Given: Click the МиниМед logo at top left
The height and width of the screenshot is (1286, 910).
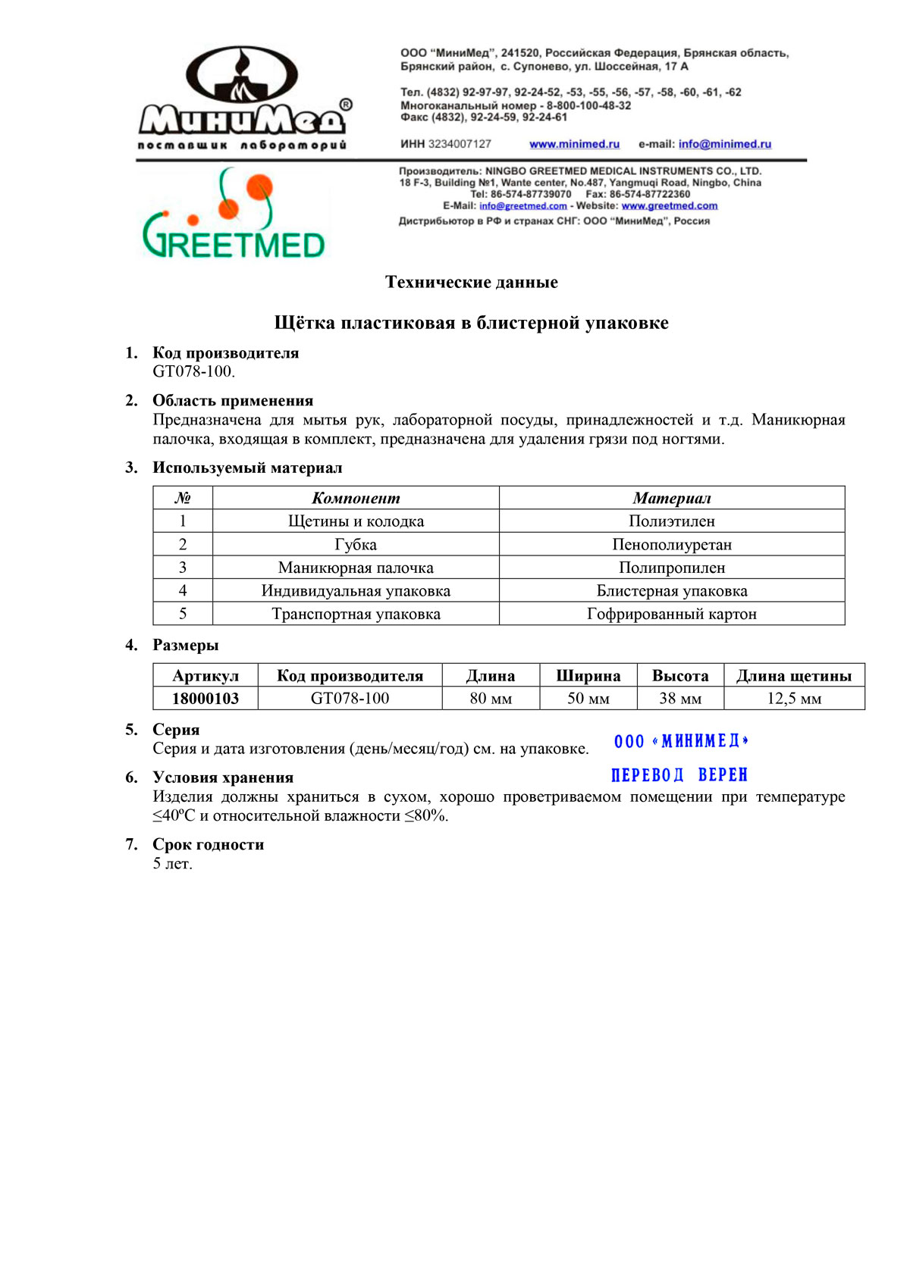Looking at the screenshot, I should pos(243,99).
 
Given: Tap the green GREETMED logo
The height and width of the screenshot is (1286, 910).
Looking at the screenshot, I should pos(234,216).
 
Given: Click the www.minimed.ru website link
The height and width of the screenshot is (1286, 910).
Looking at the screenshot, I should pos(574,144).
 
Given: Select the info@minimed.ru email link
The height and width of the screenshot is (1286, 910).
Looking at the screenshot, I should pos(724,144).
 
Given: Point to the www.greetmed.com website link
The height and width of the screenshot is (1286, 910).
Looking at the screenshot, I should pos(669,206).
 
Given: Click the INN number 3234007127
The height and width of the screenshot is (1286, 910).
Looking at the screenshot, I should pos(460,144).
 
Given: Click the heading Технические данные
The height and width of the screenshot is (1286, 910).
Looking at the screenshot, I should pos(471,283).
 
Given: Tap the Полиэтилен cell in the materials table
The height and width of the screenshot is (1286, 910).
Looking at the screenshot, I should pos(671,521).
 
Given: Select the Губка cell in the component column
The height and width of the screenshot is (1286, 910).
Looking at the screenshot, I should pos(356,545).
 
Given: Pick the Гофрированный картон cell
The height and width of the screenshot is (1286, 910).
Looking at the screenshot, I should pos(671,615).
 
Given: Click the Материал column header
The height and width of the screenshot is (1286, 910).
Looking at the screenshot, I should pos(671,498).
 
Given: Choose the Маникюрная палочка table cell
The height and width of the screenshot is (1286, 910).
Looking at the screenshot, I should pos(356,568).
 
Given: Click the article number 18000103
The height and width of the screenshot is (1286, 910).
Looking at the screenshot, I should pos(206,699).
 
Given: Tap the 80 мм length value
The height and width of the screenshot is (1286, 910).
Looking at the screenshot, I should pos(491,699).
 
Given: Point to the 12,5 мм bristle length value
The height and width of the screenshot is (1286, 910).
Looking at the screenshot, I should pos(794,699).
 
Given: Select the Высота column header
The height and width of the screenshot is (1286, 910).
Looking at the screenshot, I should pos(680,676).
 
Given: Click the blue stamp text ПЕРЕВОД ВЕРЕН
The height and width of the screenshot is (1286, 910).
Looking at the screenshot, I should pos(679,775).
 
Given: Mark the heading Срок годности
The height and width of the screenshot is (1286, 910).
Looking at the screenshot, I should pos(209,845).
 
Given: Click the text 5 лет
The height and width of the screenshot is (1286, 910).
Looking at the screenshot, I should pos(173,864).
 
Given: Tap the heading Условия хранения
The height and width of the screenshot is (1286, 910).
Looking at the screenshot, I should pos(223,778).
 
